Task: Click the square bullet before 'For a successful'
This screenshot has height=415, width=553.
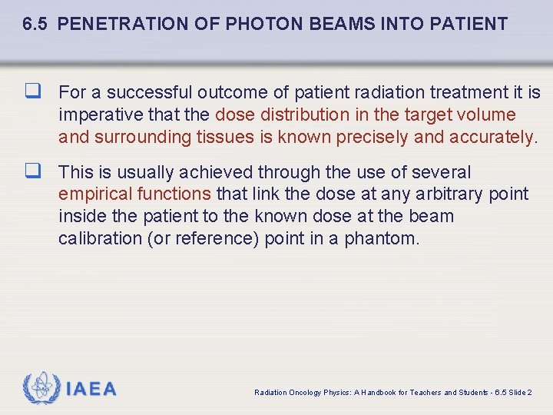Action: pyautogui.click(x=31, y=93)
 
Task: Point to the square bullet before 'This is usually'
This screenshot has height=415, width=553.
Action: pyautogui.click(x=31, y=172)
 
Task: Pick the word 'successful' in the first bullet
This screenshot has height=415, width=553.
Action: pyautogui.click(x=150, y=93)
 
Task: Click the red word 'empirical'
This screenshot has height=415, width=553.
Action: pyautogui.click(x=94, y=194)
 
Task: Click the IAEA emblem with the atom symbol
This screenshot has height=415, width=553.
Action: pyautogui.click(x=41, y=388)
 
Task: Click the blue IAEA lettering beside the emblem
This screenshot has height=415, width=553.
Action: pyautogui.click(x=91, y=389)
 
